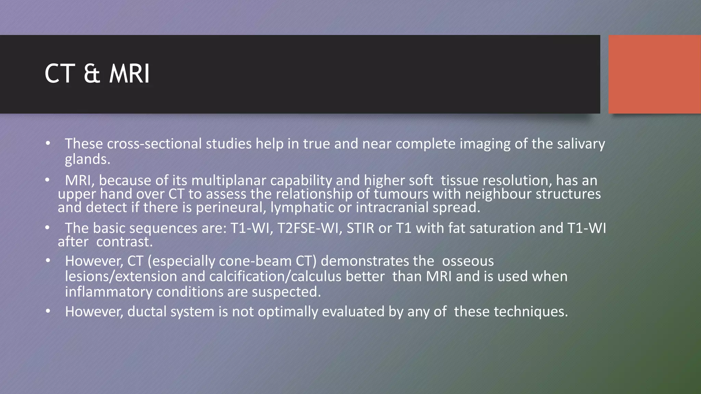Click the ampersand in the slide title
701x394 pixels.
point(92,74)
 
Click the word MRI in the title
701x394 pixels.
point(129,74)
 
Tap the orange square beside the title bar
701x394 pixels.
point(654,74)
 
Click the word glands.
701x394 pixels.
point(87,159)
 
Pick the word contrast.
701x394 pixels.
point(124,242)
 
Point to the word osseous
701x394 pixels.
point(468,261)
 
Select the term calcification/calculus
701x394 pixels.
point(275,276)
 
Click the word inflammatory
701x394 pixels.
point(109,292)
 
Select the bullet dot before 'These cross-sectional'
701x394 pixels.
point(48,144)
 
